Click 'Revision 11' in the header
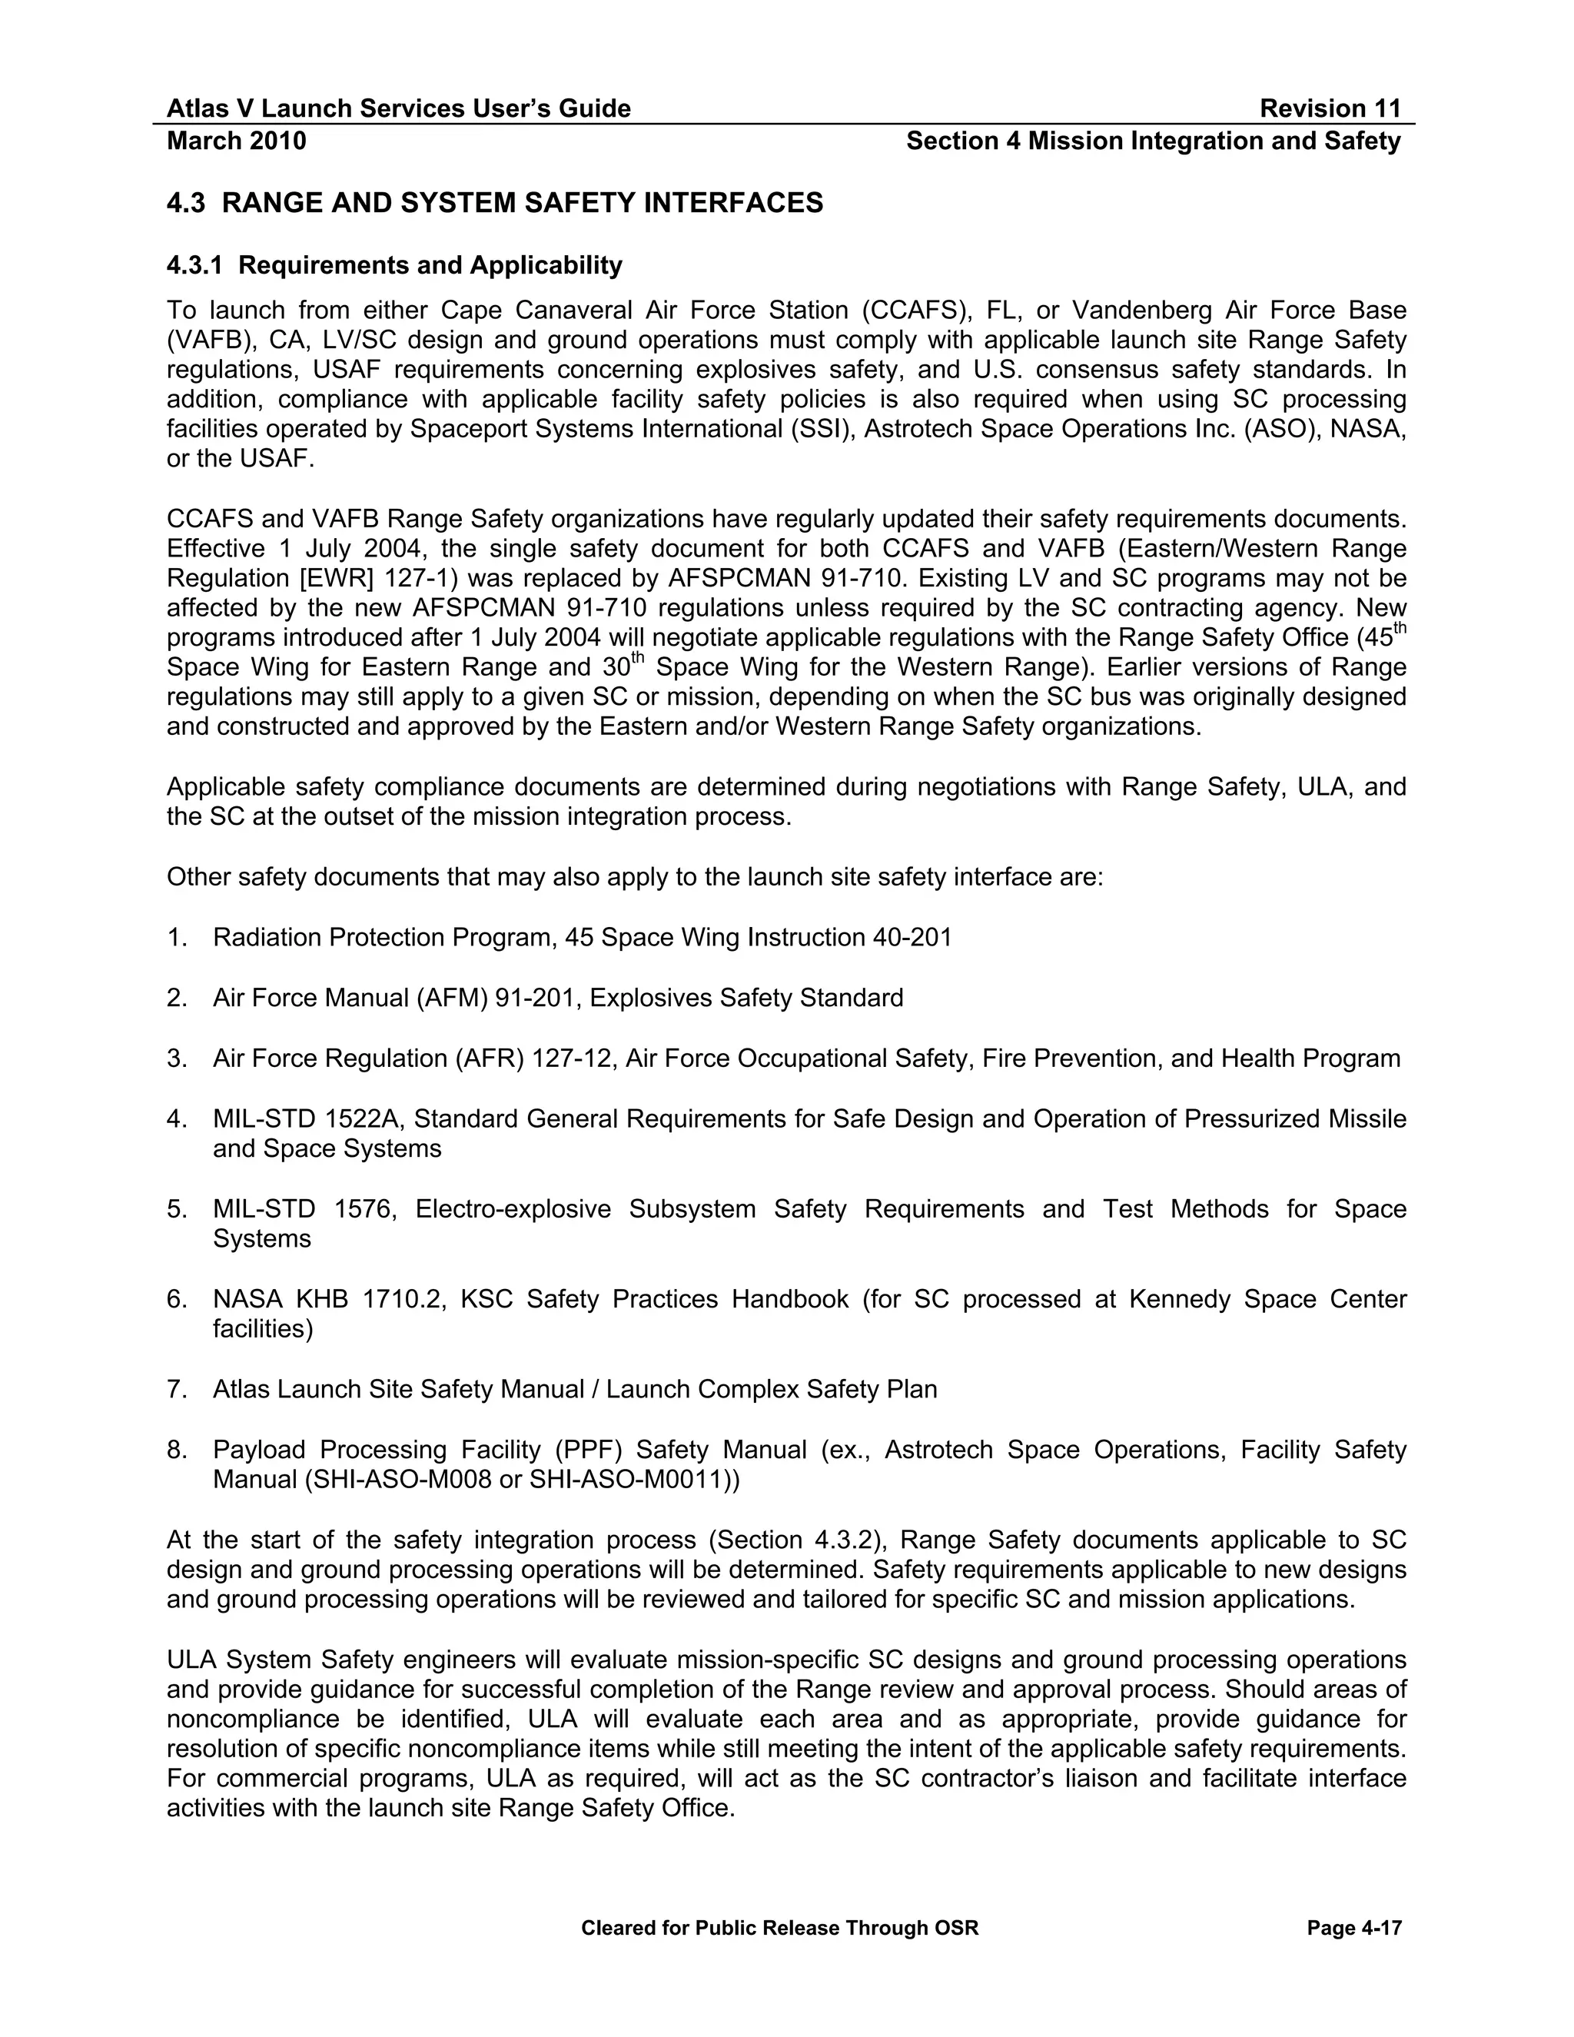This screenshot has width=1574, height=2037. (1330, 109)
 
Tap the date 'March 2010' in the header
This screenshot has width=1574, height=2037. (236, 141)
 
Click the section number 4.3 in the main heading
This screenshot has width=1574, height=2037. (184, 204)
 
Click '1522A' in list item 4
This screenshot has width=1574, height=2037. (364, 1119)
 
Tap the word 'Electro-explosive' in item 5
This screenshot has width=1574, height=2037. (513, 1210)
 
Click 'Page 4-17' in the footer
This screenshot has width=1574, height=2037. (1354, 1929)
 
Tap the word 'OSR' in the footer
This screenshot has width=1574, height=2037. (957, 1929)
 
